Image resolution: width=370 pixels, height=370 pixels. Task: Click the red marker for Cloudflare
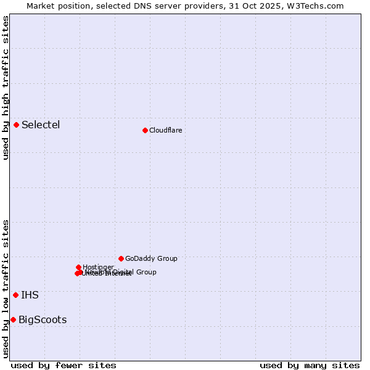tap(145, 130)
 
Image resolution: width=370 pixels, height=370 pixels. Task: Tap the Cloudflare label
tap(165, 130)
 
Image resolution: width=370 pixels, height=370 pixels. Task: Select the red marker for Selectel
tap(17, 125)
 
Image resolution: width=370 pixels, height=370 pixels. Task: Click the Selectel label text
tap(41, 125)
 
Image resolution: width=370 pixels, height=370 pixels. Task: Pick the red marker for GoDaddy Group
tap(121, 258)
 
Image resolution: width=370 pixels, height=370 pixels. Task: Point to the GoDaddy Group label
tap(151, 259)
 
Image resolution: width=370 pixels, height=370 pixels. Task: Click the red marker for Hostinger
tap(79, 267)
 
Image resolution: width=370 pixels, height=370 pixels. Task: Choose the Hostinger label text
tap(98, 267)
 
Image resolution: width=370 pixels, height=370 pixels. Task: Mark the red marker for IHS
tap(15, 295)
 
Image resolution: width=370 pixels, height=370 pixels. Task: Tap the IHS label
tap(30, 295)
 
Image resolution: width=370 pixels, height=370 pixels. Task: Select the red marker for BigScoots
tap(13, 319)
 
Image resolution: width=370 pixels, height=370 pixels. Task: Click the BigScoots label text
tap(43, 320)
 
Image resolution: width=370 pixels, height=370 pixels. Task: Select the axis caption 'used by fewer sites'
tap(64, 365)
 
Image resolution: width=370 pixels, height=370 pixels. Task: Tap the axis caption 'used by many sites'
tap(310, 365)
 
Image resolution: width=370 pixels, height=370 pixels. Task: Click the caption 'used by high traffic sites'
tap(6, 88)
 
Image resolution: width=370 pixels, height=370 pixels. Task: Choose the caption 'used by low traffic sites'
tap(6, 288)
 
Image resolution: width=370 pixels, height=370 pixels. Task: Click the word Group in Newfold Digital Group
tap(146, 272)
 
